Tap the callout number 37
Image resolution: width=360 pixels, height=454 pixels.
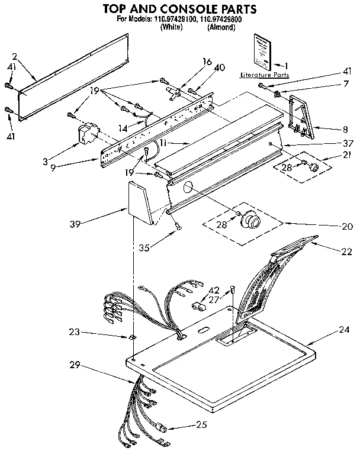pyautogui.click(x=348, y=143)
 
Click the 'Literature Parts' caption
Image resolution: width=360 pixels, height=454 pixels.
pyautogui.click(x=265, y=76)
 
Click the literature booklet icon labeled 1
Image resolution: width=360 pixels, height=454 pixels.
pyautogui.click(x=261, y=50)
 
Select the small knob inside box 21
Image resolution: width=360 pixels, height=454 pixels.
pyautogui.click(x=314, y=168)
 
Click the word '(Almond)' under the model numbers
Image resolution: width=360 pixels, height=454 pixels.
pyautogui.click(x=222, y=27)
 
